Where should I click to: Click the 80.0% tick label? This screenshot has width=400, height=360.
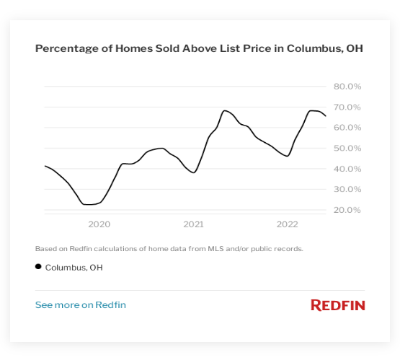(347, 87)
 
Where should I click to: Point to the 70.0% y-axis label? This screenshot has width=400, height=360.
(347, 107)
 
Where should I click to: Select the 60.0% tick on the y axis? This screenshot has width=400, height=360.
(347, 128)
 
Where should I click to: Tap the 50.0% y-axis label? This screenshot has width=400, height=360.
(347, 149)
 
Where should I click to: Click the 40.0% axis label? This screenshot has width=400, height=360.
(347, 169)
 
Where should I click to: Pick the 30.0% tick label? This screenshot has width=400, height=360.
(347, 190)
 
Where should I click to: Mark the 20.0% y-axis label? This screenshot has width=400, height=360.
(347, 210)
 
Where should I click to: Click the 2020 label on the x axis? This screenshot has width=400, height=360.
(99, 224)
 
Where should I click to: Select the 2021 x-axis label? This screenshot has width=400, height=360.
(193, 224)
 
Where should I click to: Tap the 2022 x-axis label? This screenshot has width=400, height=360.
(288, 224)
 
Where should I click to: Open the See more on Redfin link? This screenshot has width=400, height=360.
(81, 305)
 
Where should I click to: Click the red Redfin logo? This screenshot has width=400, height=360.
(337, 305)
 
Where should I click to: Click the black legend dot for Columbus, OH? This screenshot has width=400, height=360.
(38, 267)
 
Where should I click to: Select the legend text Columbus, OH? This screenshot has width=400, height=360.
(74, 268)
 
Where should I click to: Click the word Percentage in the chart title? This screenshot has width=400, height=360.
(63, 49)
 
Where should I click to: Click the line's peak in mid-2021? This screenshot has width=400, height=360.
(225, 110)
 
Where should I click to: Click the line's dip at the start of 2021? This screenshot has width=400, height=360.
(193, 172)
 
